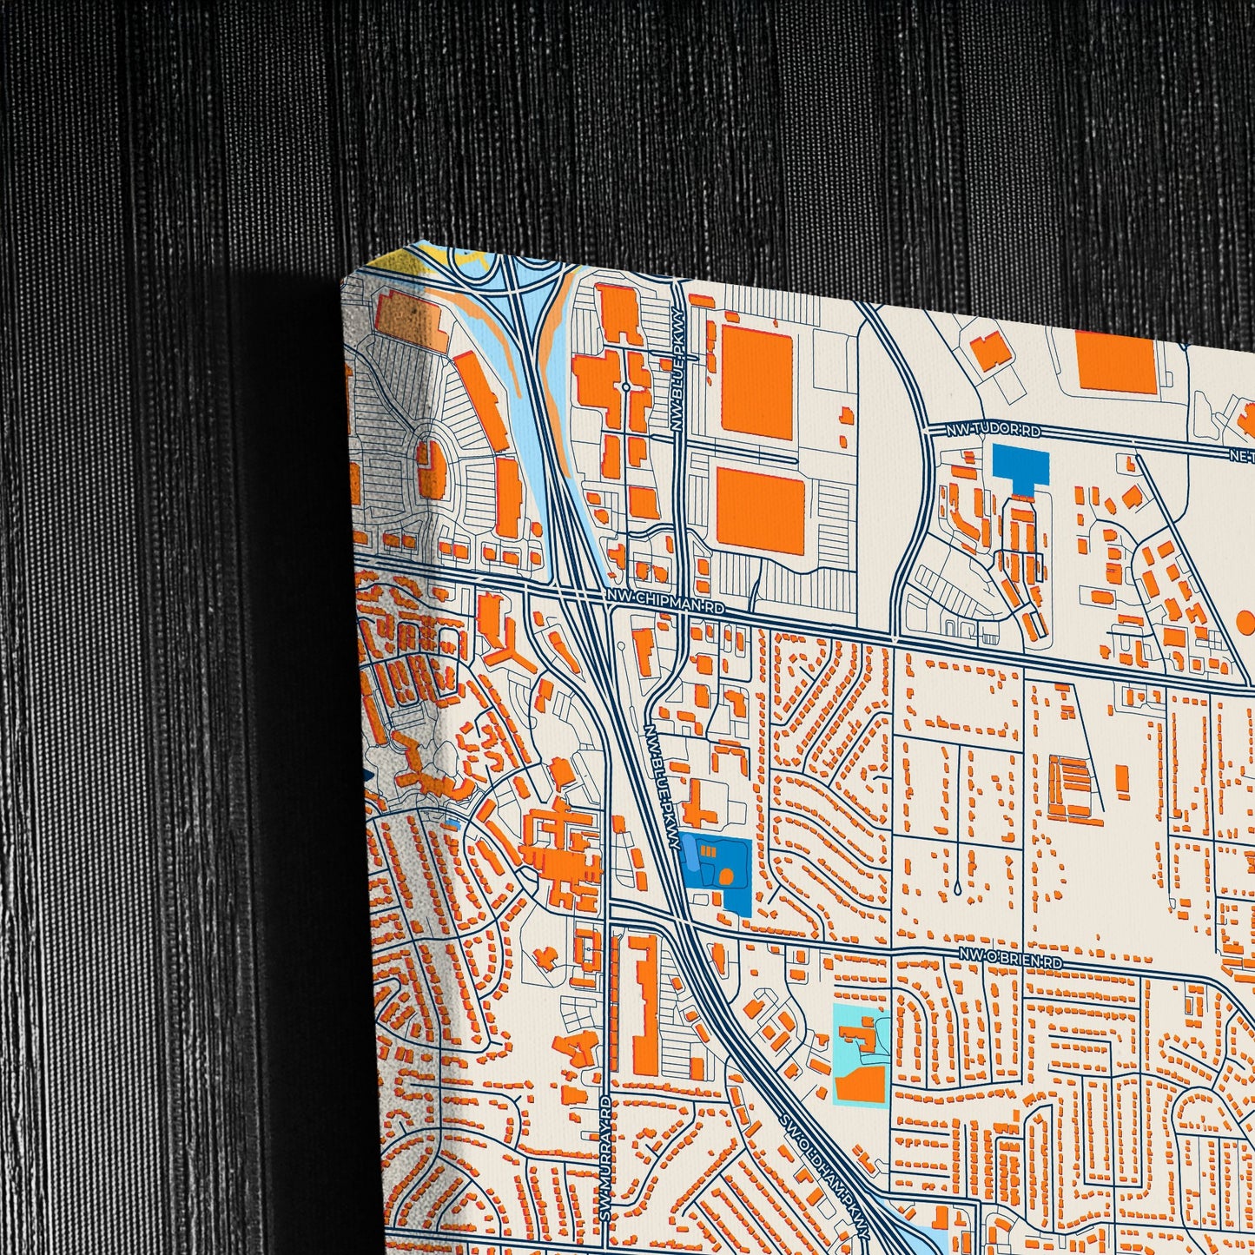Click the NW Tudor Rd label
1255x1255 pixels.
pos(984,430)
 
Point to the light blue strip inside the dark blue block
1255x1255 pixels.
pos(692,856)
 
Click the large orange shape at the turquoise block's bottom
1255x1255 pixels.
pos(860,1083)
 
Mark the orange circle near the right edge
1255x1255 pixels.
pos(1245,621)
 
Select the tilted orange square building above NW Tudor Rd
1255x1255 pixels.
pos(990,352)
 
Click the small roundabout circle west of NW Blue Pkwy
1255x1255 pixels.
pos(624,386)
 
